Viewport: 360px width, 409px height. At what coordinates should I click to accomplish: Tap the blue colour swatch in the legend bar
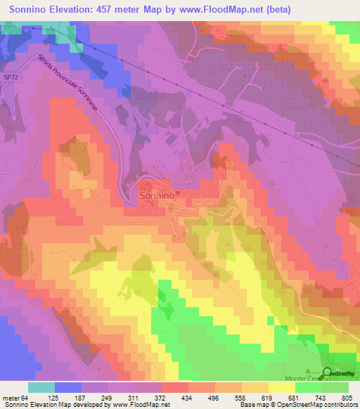tap(68, 387)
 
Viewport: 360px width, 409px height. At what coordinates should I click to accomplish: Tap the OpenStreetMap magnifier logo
tap(329, 372)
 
